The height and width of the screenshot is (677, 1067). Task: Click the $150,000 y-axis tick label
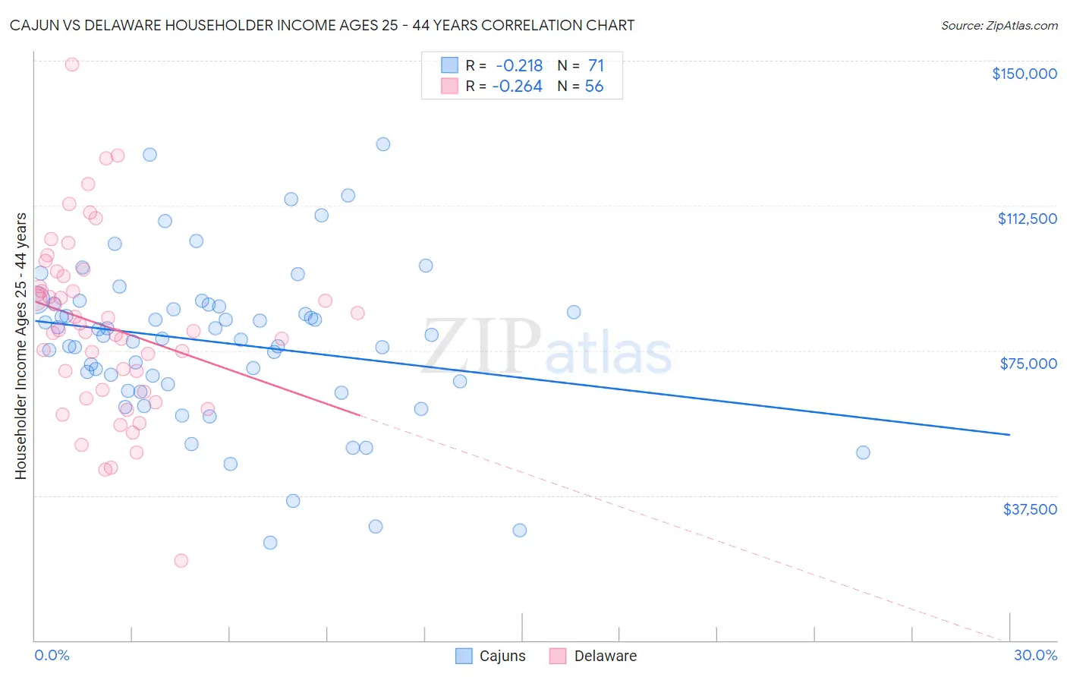tap(1024, 74)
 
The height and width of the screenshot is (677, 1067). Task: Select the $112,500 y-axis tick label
tap(1027, 219)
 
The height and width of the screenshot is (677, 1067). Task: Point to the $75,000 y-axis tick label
tap(1028, 364)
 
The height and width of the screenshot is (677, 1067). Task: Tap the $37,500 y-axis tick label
tap(1030, 509)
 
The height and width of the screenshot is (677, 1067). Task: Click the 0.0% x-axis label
tap(52, 655)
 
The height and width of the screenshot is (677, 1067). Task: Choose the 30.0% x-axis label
tap(1035, 655)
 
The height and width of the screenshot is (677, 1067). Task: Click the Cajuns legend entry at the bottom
tap(490, 656)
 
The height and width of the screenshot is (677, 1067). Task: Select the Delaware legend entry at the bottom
tap(593, 656)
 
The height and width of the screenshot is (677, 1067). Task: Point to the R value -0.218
tap(519, 66)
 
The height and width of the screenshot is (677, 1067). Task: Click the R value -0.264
tap(517, 87)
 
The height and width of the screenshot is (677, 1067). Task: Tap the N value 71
tap(596, 66)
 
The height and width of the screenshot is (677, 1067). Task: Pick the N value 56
tap(594, 87)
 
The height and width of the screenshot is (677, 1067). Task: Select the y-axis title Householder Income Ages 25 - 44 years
tap(21, 346)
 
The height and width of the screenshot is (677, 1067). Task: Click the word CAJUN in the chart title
tap(34, 25)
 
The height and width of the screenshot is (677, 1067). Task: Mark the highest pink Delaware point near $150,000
tap(72, 65)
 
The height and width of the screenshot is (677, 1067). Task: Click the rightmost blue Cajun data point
tap(863, 452)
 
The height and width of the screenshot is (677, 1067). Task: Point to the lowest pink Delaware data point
tap(181, 561)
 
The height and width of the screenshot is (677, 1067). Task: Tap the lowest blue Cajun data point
tap(270, 543)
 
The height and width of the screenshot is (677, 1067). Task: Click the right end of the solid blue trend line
tap(1009, 434)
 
